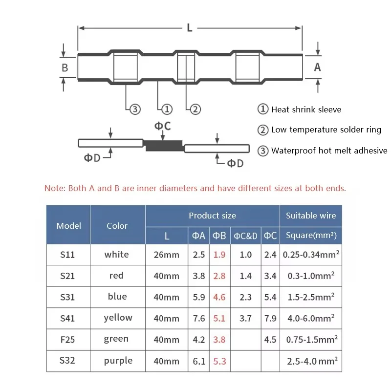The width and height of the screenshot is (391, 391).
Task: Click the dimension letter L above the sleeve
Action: click(x=190, y=28)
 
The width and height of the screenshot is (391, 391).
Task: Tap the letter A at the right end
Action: click(x=317, y=67)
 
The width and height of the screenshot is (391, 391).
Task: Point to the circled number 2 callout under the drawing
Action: click(x=195, y=109)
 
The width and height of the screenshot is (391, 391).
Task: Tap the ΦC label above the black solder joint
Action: click(x=163, y=126)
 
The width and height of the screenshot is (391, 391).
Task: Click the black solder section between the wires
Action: click(x=164, y=144)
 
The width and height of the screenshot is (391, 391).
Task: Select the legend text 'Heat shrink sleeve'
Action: click(x=306, y=109)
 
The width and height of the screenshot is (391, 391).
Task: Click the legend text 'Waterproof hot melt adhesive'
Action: click(x=329, y=151)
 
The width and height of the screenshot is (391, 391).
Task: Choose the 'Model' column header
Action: click(x=68, y=226)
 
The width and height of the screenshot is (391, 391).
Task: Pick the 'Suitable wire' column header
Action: click(x=311, y=216)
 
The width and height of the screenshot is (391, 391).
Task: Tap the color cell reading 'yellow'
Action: click(x=118, y=318)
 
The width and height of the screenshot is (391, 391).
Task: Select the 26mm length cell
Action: click(x=167, y=255)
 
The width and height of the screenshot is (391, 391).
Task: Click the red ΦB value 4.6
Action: click(x=219, y=297)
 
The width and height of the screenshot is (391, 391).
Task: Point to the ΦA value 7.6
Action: click(x=199, y=318)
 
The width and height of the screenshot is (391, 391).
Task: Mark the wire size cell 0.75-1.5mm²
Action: click(x=311, y=339)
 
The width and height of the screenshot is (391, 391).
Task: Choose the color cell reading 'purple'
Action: click(x=118, y=361)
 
